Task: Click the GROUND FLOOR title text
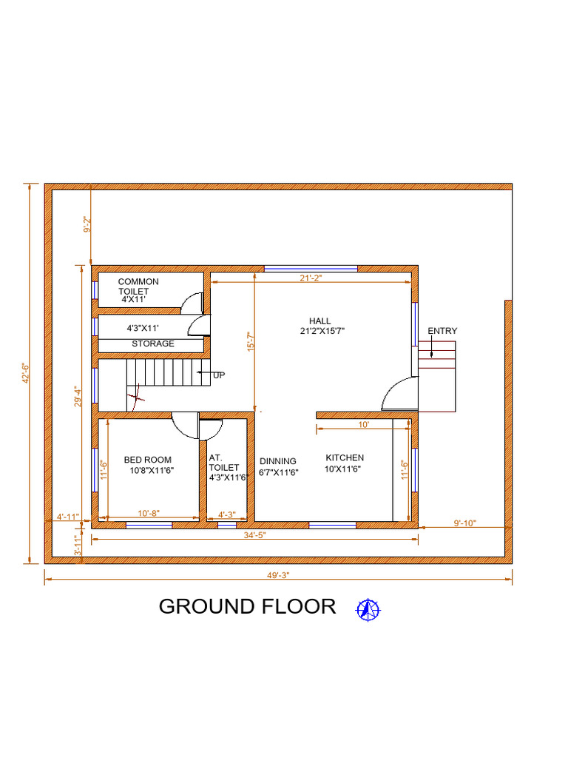point(247,606)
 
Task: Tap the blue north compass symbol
point(368,609)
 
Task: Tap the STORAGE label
point(153,343)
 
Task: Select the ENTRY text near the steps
point(442,331)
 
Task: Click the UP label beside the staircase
point(219,375)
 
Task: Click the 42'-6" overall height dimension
point(27,372)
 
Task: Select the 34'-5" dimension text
point(253,534)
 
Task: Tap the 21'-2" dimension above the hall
point(311,278)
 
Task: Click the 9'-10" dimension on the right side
point(464,523)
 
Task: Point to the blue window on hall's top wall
point(311,268)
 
